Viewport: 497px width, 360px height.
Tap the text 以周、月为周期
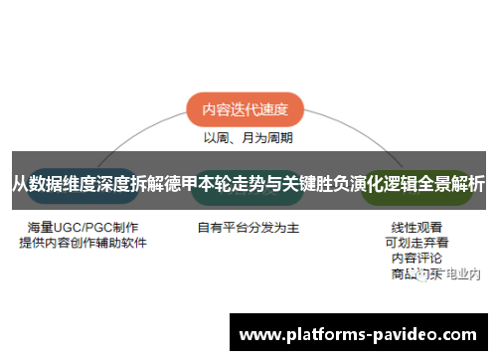(248, 137)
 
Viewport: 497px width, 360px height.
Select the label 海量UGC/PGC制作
(83, 227)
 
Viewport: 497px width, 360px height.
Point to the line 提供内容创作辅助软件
(83, 242)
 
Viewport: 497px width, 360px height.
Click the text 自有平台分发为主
(248, 227)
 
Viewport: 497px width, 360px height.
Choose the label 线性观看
(417, 227)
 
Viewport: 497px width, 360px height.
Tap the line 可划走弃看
(417, 242)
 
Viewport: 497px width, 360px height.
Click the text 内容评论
(417, 257)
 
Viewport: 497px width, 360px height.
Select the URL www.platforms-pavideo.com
(359, 332)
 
